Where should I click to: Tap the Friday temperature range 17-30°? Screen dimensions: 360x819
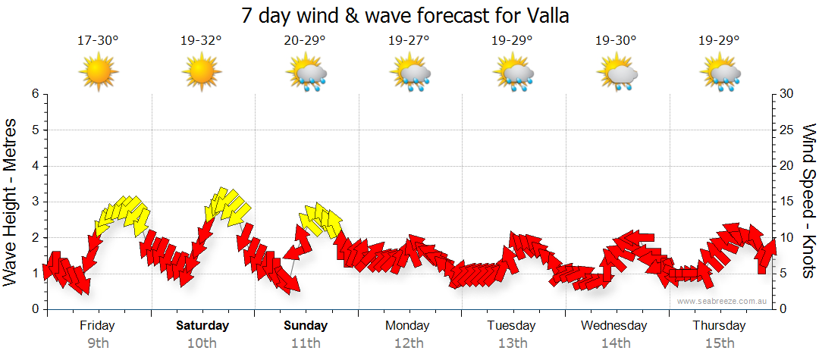[98, 41]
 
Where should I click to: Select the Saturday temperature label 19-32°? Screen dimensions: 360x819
[201, 41]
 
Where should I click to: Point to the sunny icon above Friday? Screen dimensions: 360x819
[99, 73]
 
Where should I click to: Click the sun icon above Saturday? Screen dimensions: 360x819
[201, 73]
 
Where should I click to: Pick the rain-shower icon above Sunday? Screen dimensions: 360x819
[306, 74]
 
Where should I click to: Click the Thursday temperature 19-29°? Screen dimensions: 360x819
[719, 41]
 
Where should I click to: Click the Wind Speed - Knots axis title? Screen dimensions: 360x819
[808, 201]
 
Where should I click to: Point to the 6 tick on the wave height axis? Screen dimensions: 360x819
[34, 94]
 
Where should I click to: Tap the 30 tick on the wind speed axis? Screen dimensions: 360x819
[787, 94]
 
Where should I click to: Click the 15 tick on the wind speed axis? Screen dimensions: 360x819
[787, 202]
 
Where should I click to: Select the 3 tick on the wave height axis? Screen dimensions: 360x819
[34, 202]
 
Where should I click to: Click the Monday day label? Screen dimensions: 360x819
[408, 326]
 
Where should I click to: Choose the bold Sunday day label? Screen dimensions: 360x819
[306, 326]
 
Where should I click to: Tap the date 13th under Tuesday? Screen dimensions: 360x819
[513, 343]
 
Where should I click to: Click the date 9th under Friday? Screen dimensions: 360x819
[98, 343]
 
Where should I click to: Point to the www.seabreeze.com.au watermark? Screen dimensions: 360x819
[723, 301]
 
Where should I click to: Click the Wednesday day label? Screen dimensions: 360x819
[614, 326]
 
